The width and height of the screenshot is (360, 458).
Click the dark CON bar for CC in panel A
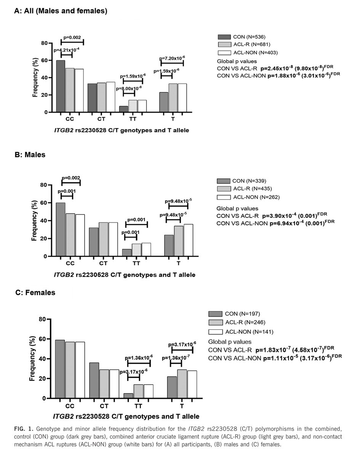click(x=61, y=86)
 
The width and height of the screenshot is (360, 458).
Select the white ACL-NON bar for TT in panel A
click(x=142, y=106)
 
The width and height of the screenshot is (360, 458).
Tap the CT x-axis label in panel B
click(x=103, y=263)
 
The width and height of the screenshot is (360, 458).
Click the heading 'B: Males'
click(x=30, y=155)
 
